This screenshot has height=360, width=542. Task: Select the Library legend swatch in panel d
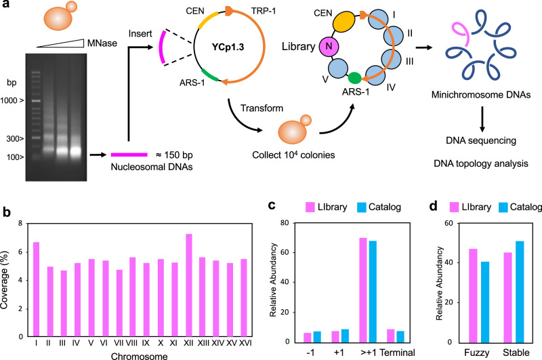tap(463, 206)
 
